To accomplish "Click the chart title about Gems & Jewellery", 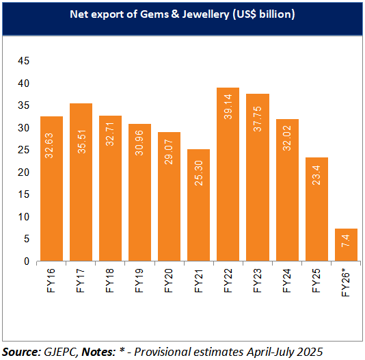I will click(x=182, y=14).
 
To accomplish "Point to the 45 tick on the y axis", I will click(x=23, y=61).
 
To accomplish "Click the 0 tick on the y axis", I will click(x=27, y=261).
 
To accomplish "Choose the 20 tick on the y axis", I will click(x=23, y=172).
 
